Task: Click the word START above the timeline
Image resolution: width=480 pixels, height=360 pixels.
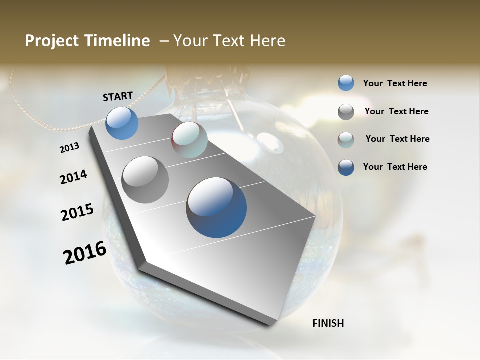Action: pyautogui.click(x=118, y=96)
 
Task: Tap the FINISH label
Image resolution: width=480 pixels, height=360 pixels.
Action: pyautogui.click(x=328, y=323)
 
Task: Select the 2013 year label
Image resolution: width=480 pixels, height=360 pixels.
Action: pyautogui.click(x=70, y=147)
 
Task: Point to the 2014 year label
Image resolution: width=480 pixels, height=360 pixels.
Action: pyautogui.click(x=73, y=177)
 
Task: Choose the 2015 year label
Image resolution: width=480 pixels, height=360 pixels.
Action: pyautogui.click(x=77, y=212)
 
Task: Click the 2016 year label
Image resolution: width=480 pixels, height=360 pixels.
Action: pyautogui.click(x=85, y=252)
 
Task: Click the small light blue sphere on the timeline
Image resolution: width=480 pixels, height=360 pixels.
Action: pyautogui.click(x=122, y=123)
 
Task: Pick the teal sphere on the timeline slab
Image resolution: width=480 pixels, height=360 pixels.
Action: pyautogui.click(x=189, y=140)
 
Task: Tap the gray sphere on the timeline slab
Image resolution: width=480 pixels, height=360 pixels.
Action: pyautogui.click(x=145, y=180)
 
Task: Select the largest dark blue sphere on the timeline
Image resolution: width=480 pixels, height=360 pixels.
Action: pyautogui.click(x=216, y=207)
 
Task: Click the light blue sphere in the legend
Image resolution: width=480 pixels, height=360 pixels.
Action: pyautogui.click(x=346, y=83)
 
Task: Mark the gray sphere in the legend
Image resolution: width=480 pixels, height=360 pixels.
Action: pyautogui.click(x=346, y=112)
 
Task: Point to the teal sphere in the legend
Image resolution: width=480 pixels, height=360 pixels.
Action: pyautogui.click(x=346, y=140)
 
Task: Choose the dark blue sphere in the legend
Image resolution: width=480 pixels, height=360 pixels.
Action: pyautogui.click(x=346, y=167)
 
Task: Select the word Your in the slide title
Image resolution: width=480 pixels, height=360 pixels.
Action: pyautogui.click(x=190, y=41)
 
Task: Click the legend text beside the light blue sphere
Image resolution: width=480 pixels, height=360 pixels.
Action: pyautogui.click(x=395, y=83)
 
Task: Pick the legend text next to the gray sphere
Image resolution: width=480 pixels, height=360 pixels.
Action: pyautogui.click(x=396, y=111)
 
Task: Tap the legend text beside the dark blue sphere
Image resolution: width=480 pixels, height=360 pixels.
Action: pyautogui.click(x=395, y=167)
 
